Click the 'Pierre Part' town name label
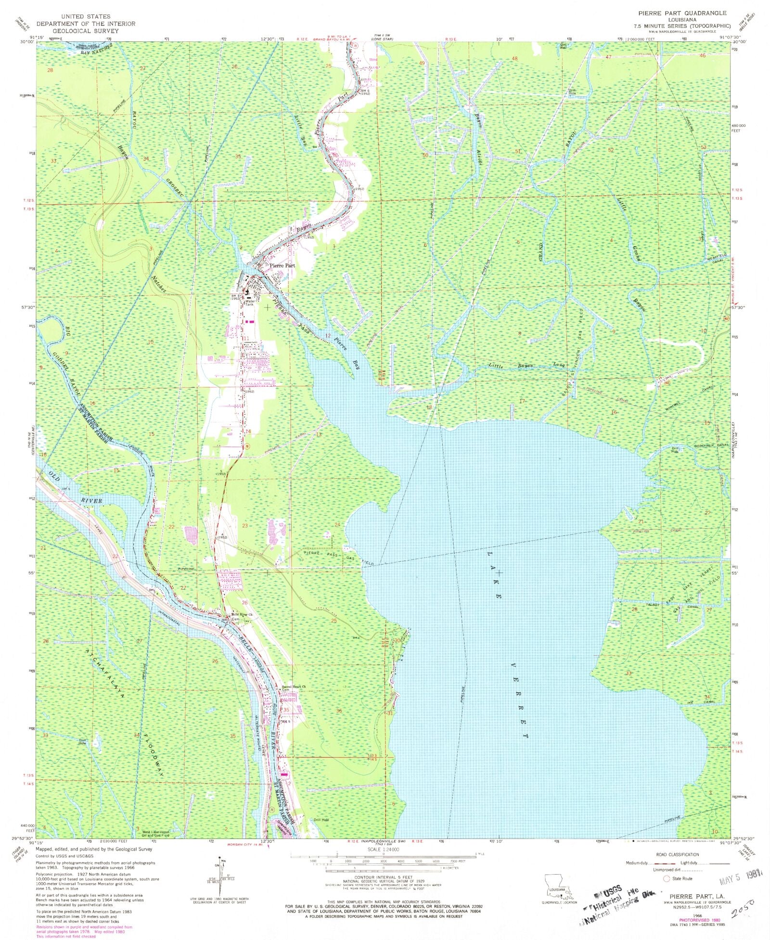pyautogui.click(x=282, y=265)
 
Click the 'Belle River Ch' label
pyautogui.click(x=242, y=615)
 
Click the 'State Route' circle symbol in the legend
pyautogui.click(x=667, y=878)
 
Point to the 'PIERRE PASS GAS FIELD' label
pyautogui.click(x=337, y=557)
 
